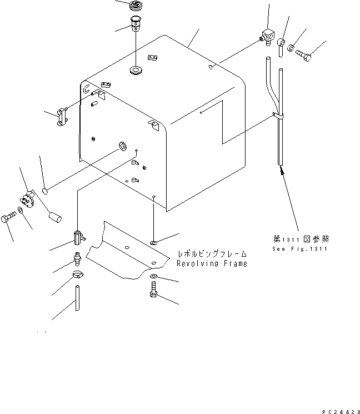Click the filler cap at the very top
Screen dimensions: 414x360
click(x=135, y=7)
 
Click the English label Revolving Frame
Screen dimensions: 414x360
click(x=212, y=263)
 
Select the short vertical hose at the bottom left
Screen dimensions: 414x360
click(x=77, y=298)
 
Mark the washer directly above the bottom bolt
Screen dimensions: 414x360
click(x=154, y=276)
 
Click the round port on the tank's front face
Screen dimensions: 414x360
click(x=121, y=148)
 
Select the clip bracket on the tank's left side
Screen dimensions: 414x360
click(x=61, y=117)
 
